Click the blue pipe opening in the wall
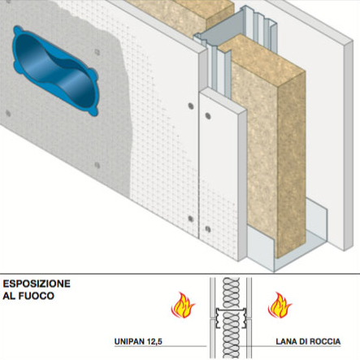pyautogui.click(x=55, y=71)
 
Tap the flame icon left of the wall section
pyautogui.click(x=183, y=305)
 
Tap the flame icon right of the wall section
pyautogui.click(x=280, y=305)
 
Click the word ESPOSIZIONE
pyautogui.click(x=37, y=284)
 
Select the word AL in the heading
pyautogui.click(x=8, y=296)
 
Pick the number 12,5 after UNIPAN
pyautogui.click(x=154, y=342)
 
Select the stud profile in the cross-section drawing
pyautogui.click(x=231, y=318)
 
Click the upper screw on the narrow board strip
pyautogui.click(x=208, y=116)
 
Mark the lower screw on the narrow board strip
pyautogui.click(x=208, y=229)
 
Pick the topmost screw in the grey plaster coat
pyautogui.click(x=97, y=52)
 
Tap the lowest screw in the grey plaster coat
pyautogui.click(x=98, y=165)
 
